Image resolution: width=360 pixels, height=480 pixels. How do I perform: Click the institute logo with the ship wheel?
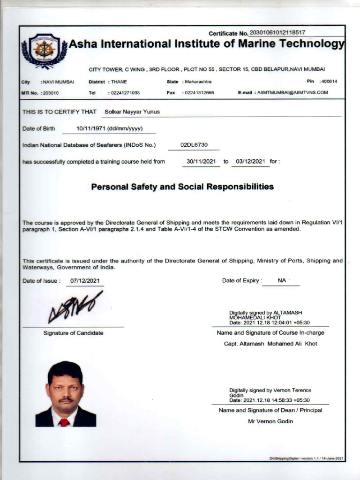pos(45,50)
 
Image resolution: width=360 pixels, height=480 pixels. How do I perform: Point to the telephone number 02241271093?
pos(125,93)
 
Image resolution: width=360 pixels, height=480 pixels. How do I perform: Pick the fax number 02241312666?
pos(199,93)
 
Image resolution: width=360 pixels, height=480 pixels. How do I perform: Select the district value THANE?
pos(119,82)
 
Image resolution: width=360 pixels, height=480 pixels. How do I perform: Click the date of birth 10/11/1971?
pos(91,128)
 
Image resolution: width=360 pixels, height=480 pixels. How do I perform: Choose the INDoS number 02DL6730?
pos(194,145)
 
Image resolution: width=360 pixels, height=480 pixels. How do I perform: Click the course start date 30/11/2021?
pos(201,162)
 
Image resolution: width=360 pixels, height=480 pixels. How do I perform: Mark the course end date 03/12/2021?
pos(251,162)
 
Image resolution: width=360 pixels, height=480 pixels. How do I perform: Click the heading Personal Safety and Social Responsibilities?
pos(182,187)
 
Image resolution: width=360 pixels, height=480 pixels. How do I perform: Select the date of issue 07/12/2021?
pos(85,281)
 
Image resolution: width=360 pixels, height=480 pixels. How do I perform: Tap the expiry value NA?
pos(282,280)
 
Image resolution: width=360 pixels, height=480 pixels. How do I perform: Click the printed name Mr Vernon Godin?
pos(270,421)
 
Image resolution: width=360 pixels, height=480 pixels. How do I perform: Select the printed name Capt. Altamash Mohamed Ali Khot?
pos(270,344)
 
